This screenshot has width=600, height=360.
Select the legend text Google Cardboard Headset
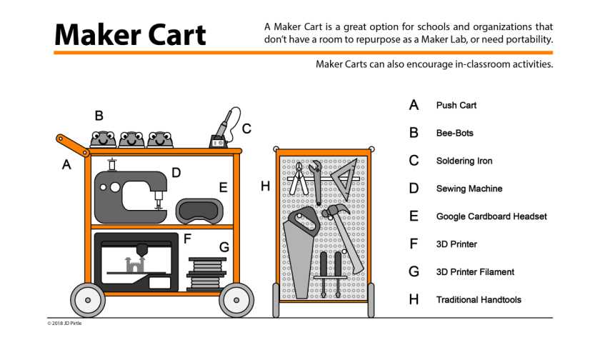(x=491, y=216)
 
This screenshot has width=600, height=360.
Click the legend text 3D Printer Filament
(x=475, y=272)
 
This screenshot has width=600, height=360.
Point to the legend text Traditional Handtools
(x=479, y=300)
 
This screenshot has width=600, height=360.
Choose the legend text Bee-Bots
(x=454, y=134)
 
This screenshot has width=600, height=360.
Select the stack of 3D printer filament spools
(x=204, y=272)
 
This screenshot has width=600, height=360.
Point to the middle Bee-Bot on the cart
(x=132, y=138)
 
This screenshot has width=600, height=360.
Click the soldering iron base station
(x=217, y=141)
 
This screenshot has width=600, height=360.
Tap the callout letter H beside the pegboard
(x=265, y=186)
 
